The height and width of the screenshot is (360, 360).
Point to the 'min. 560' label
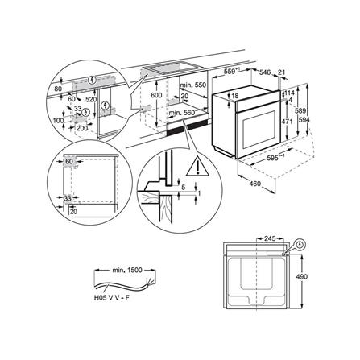click(196, 114)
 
